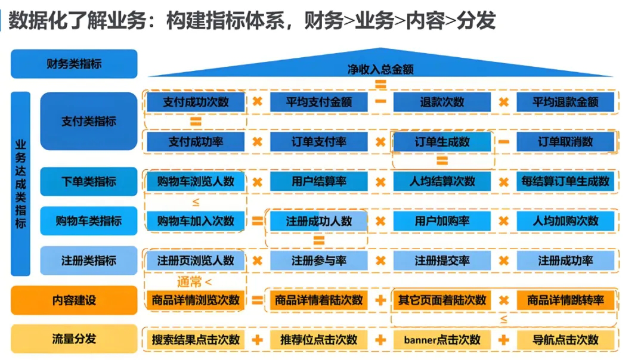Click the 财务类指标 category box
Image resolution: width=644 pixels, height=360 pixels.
click(74, 64)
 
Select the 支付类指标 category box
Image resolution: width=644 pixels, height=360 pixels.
click(88, 121)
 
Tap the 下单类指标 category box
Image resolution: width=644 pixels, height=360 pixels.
click(88, 181)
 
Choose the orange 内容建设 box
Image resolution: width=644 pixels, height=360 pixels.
click(74, 300)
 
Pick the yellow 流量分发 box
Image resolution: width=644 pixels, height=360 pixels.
click(74, 339)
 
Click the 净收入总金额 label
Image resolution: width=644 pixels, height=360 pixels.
click(380, 69)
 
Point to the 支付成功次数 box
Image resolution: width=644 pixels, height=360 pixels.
click(196, 102)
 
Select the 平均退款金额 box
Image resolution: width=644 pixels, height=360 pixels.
click(565, 102)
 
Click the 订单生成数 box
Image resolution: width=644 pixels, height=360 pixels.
click(442, 142)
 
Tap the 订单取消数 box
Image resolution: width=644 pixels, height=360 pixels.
click(565, 142)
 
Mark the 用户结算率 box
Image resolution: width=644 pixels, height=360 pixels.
click(319, 181)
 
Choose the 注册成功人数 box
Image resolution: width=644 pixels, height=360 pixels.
click(319, 221)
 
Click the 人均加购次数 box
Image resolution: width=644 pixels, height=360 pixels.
click(565, 221)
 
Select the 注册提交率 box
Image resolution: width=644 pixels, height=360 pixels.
click(442, 260)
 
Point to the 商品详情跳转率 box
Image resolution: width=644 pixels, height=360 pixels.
click(565, 300)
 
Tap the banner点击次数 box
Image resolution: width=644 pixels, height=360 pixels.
click(442, 340)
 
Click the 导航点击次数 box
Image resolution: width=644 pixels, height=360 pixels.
click(565, 340)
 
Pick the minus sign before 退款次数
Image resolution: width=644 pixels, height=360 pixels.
click(380, 101)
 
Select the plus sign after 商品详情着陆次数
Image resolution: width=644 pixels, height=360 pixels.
click(380, 300)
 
